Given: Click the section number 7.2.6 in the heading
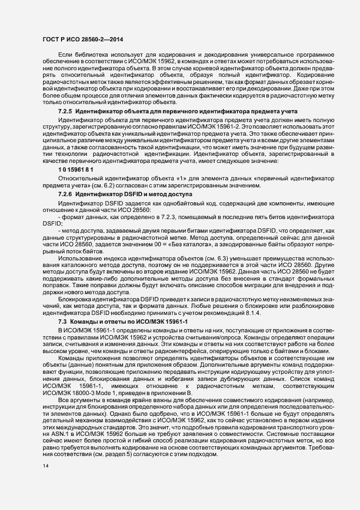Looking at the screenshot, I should [66, 194].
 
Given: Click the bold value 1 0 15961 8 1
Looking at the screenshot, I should [76, 170].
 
